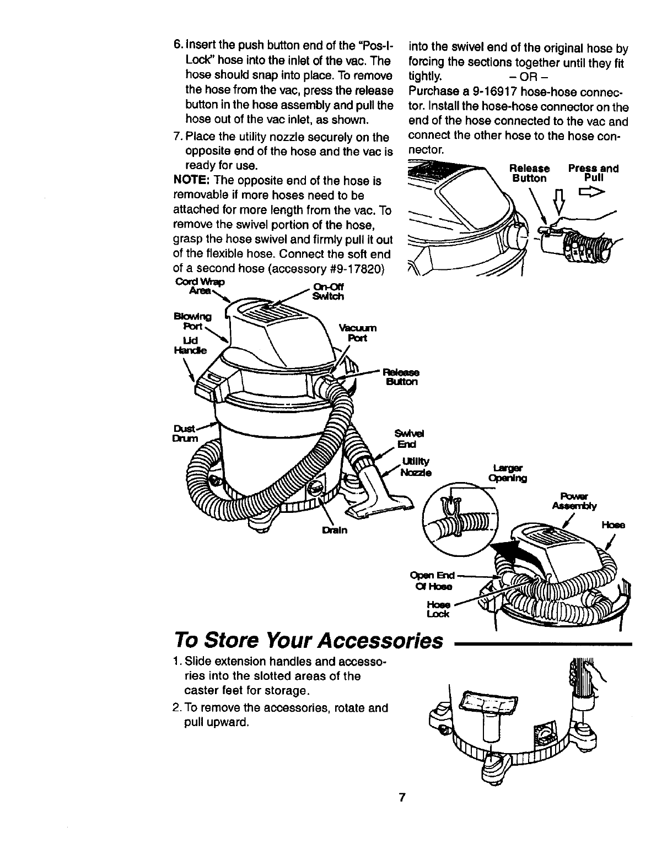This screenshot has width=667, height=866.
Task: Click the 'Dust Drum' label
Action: coord(181,432)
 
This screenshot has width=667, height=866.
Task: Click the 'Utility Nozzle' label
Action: coord(416,468)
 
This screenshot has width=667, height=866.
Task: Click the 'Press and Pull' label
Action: coord(593,173)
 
